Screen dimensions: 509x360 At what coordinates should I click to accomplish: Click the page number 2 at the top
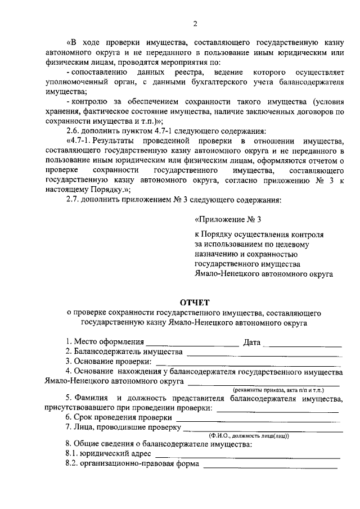pyautogui.click(x=195, y=24)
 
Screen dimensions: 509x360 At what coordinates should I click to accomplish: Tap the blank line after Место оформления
pyautogui.click(x=192, y=344)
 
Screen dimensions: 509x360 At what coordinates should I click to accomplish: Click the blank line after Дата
pyautogui.click(x=302, y=344)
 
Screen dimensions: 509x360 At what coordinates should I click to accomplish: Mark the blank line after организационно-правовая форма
pyautogui.click(x=270, y=465)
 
